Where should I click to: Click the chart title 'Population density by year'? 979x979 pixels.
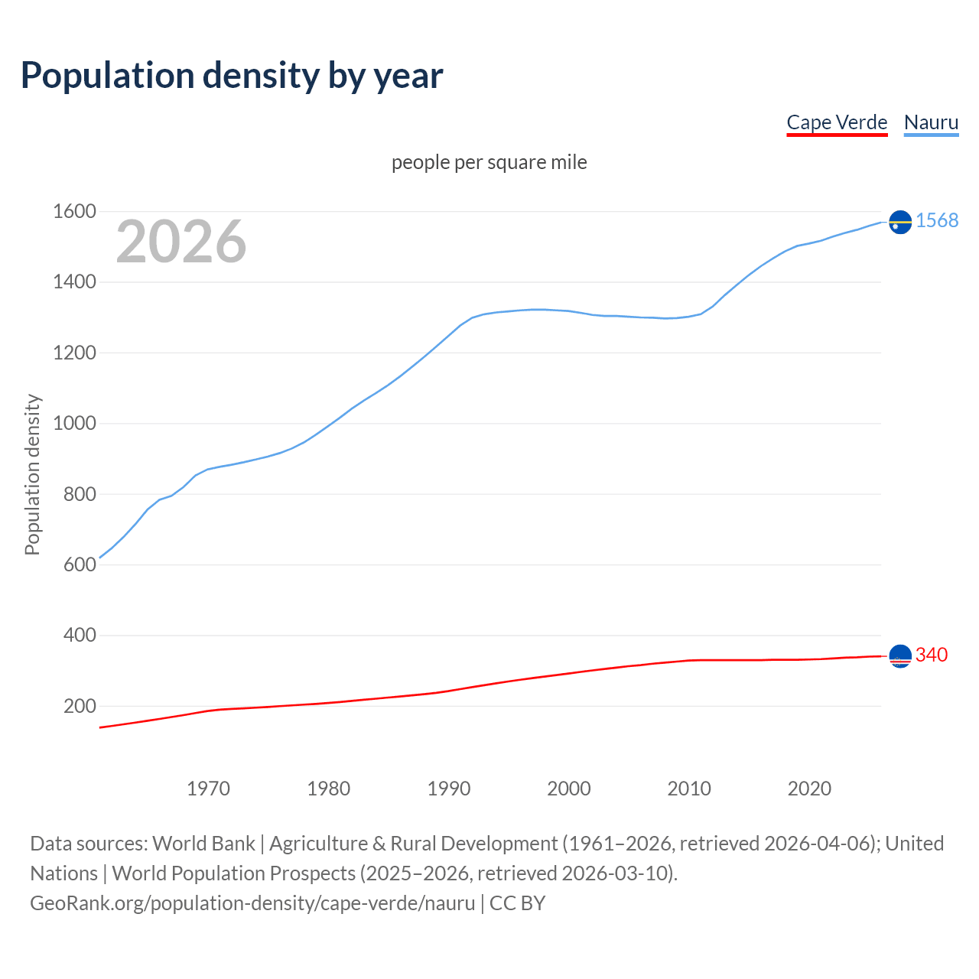coord(232,76)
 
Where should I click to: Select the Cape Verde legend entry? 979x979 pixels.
coord(837,122)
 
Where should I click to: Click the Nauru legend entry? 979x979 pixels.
coord(931,122)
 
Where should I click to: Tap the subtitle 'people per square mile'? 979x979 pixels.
coord(489,162)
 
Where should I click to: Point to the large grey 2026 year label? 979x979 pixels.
coord(181,242)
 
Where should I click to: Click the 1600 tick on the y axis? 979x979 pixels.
coord(74,212)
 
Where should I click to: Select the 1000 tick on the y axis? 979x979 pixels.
coord(74,424)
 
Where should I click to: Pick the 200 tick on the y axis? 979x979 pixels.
coord(80,706)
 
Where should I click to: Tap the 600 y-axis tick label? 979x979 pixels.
coord(80,565)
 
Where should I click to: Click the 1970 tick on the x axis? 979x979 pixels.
coord(208,789)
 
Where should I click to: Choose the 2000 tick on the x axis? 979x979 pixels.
coord(569,789)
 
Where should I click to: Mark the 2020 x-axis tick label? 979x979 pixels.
coord(809,789)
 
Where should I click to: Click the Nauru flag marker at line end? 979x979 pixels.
coord(900,222)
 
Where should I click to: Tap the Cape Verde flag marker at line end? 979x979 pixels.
coord(900,656)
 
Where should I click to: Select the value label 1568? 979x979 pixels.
coord(937,221)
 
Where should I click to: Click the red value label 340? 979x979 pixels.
coord(932,655)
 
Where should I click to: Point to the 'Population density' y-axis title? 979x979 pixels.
coord(32,474)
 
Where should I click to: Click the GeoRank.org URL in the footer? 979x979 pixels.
coord(252,903)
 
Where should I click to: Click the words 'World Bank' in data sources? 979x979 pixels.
coord(203,844)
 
